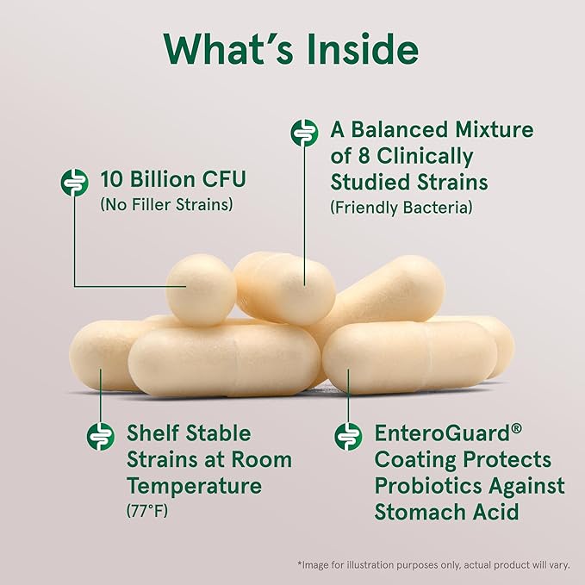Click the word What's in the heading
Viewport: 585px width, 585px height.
[224, 50]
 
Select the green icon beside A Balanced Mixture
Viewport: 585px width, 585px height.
[303, 132]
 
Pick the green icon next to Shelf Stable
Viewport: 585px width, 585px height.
[101, 435]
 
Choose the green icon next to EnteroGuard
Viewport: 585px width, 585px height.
[348, 435]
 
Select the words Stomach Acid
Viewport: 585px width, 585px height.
[446, 513]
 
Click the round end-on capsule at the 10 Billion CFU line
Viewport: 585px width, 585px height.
[201, 288]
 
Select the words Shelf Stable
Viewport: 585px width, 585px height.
[189, 433]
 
